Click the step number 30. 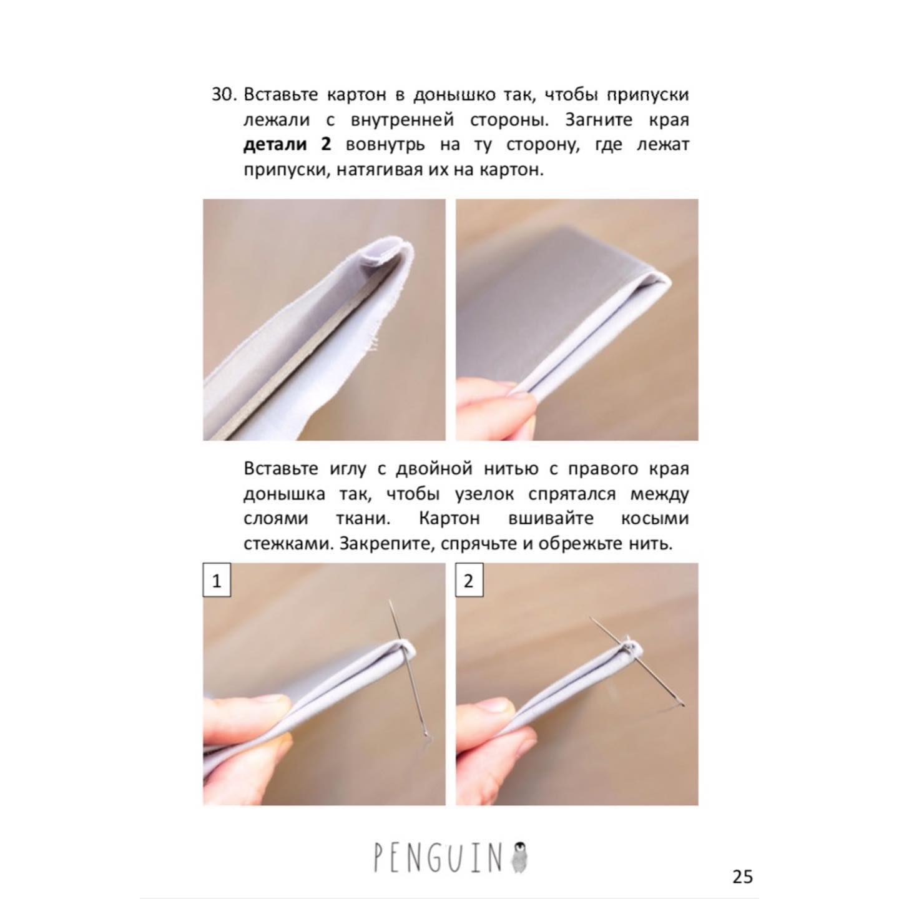coord(225,95)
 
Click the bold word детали coord(275,145)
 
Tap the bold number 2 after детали coord(326,144)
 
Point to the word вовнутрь coord(385,145)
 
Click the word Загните coord(599,120)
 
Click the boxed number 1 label coord(217,581)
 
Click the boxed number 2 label coord(469,581)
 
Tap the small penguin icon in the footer coord(519,857)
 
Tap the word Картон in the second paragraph coord(449,519)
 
